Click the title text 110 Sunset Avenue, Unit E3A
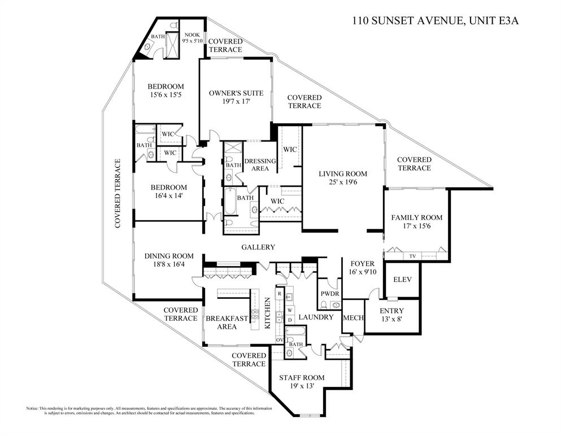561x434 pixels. [x=435, y=22]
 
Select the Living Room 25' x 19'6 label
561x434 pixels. [x=342, y=178]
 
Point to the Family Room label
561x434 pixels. [x=416, y=222]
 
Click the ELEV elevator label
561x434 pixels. [x=402, y=280]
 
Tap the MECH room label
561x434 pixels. [x=353, y=317]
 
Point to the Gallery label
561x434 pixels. [x=258, y=247]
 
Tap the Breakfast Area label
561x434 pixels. [x=227, y=323]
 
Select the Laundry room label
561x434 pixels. [x=316, y=317]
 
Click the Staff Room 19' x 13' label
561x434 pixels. [x=302, y=382]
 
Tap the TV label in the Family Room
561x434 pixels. [x=412, y=256]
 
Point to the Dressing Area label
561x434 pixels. [x=260, y=165]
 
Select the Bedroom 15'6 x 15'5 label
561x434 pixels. [x=166, y=91]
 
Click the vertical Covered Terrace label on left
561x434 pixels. [x=118, y=194]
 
